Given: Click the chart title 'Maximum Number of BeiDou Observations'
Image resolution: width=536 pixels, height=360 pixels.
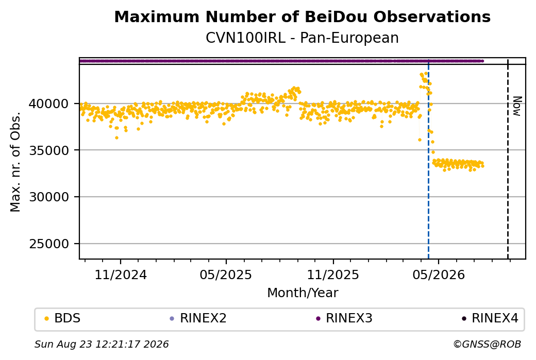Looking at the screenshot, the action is coord(302,16).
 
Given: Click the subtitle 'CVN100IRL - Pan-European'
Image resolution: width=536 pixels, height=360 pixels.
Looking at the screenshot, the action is coord(302,38).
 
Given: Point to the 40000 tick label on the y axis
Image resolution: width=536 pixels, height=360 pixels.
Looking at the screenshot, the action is coord(49,104).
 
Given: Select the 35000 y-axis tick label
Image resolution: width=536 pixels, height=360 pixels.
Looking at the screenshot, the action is coord(49,150).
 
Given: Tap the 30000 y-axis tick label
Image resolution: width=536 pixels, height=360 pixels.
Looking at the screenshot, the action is coord(49,197).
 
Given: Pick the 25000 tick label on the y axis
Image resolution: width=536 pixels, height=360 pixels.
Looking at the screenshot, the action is coord(49,244).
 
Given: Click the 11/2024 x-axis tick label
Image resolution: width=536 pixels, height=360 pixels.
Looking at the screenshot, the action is coord(120,275).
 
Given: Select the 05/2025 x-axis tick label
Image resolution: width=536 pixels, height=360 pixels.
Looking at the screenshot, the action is coord(226,275).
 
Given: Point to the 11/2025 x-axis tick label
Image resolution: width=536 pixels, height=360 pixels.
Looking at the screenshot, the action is coord(333,275).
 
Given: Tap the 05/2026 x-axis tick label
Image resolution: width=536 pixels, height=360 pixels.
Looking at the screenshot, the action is coord(439,275).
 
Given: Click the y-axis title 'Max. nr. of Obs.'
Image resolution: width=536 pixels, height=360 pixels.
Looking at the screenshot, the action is coord(15,162).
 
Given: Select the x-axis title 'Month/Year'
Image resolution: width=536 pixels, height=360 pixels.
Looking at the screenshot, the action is coord(303,293).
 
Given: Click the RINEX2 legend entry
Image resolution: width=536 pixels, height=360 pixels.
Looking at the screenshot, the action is coord(198,318).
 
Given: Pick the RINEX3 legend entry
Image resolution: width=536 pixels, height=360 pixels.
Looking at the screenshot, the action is coord(344,318).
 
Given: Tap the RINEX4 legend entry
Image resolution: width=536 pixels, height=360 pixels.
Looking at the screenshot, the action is coord(490,318).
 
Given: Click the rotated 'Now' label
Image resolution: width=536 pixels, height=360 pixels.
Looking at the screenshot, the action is coord(517,106).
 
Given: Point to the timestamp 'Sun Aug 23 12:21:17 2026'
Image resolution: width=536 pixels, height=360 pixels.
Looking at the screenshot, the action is coord(102,344).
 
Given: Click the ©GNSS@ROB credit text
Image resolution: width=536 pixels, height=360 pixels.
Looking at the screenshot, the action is coord(487,344).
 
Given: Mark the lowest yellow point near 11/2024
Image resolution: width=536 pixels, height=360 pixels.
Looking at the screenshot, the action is coord(116,138).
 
